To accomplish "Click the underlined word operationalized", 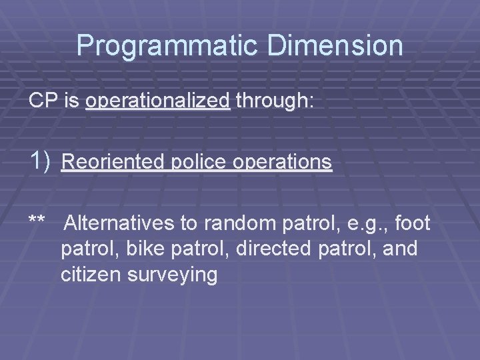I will (x=158, y=101).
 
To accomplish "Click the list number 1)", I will (x=40, y=161).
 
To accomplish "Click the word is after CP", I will (x=73, y=101).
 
